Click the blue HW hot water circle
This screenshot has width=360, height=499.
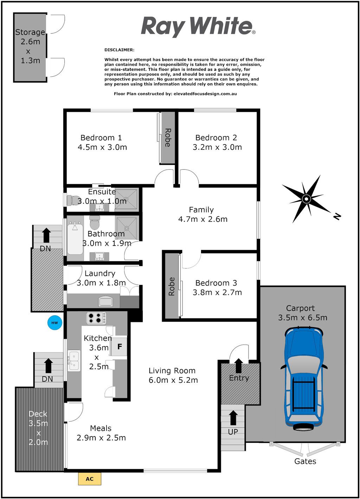54,323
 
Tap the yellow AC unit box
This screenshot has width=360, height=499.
90,479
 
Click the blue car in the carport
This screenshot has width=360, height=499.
304,378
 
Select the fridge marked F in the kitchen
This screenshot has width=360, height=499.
119,346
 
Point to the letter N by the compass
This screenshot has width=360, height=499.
337,216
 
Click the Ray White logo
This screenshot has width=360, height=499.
198,27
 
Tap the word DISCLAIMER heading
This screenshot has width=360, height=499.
119,50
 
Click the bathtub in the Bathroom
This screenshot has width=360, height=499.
75,238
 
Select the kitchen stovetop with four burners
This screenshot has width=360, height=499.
96,318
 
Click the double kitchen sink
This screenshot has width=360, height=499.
74,361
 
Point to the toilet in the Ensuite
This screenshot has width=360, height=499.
72,200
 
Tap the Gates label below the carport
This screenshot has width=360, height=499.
305,461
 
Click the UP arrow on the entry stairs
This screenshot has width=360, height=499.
233,418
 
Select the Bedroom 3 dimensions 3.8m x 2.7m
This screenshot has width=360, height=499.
217,292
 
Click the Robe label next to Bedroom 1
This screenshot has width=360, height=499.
168,137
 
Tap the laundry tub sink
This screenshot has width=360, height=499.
106,302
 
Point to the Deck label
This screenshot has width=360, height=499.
38,414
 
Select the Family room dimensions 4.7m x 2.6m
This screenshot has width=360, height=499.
202,219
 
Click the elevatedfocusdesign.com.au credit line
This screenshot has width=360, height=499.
175,94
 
